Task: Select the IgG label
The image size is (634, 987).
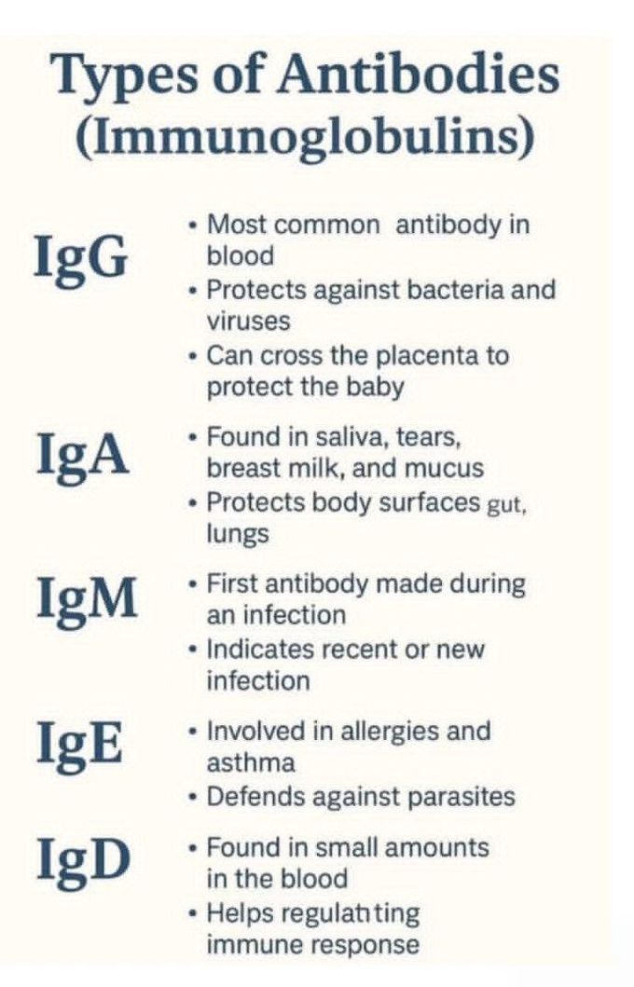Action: click(80, 258)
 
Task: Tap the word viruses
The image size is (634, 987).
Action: click(248, 321)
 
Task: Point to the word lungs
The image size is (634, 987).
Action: click(237, 534)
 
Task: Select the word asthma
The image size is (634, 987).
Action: click(250, 762)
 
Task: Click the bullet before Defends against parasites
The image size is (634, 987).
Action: click(191, 797)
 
